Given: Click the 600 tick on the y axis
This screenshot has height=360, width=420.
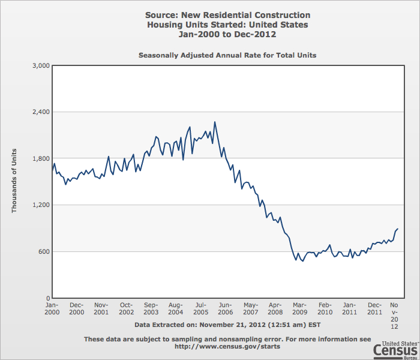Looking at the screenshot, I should (43, 251).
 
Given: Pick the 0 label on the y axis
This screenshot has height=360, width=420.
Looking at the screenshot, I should (46, 298).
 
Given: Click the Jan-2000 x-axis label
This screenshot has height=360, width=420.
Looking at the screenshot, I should (52, 308).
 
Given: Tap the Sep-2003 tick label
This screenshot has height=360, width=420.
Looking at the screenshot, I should (151, 308).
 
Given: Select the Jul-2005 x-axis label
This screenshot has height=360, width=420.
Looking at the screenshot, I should (201, 308).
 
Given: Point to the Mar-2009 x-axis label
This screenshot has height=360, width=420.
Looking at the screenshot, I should (300, 308).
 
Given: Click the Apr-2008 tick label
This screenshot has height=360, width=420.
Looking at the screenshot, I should (275, 308).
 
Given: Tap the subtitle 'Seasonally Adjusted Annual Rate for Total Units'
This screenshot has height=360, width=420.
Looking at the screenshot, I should (227, 55).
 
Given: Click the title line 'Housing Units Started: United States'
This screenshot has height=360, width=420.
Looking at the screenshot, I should (227, 25).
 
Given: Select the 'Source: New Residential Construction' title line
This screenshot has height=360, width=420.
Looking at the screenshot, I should (227, 15).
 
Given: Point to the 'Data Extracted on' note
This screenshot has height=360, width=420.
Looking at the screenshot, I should (227, 325).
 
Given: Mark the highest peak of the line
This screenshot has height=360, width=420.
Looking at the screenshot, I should (214, 122).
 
